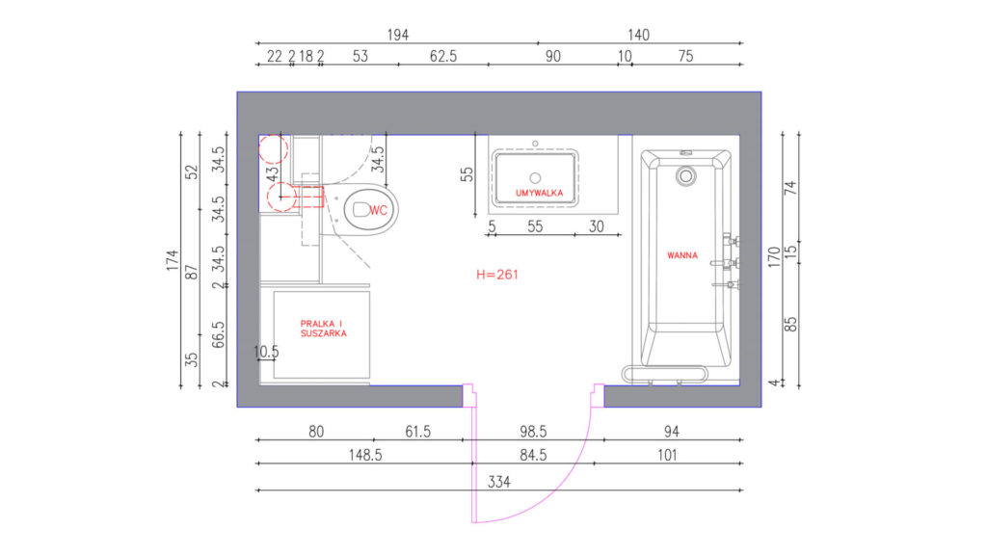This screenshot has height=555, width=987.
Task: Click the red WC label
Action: [378, 211]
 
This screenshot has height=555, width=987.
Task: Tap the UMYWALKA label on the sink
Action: [539, 193]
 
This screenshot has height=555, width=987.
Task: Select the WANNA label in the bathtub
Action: [682, 255]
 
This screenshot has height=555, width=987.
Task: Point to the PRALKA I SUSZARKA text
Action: [324, 329]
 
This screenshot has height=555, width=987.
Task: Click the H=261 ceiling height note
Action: [497, 275]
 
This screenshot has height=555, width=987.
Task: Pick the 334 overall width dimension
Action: [499, 482]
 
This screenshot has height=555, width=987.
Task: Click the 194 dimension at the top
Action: [398, 36]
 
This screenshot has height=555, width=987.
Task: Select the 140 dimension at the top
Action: [638, 36]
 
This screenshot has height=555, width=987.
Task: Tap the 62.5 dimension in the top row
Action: [443, 57]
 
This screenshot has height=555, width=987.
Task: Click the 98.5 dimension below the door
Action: [533, 432]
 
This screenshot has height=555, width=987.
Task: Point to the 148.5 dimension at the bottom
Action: [365, 455]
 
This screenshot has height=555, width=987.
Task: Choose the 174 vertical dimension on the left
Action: [173, 260]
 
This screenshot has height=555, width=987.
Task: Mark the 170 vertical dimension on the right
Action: [774, 257]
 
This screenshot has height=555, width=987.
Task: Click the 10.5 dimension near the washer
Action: [266, 352]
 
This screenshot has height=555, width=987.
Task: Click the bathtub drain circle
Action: [685, 176]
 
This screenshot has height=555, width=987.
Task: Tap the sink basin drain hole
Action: [535, 178]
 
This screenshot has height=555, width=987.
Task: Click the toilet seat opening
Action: [360, 209]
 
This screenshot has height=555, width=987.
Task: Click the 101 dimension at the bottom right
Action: [667, 455]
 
